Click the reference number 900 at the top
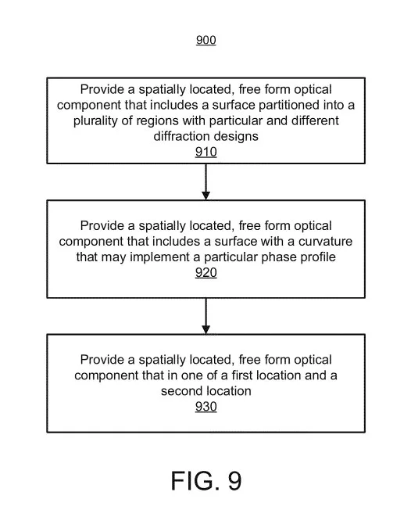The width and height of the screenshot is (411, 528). (205, 40)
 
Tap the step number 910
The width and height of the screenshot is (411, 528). (205, 152)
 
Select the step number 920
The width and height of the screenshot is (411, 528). (205, 272)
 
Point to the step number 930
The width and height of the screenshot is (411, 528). (205, 407)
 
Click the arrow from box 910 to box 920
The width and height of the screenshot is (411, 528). (205, 181)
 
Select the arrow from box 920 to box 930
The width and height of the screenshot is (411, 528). (205, 316)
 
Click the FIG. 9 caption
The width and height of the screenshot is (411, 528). (206, 480)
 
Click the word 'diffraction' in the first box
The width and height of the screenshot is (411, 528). (180, 136)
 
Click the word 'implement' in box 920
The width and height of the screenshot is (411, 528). (159, 257)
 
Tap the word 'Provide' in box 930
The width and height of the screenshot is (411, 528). (102, 360)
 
